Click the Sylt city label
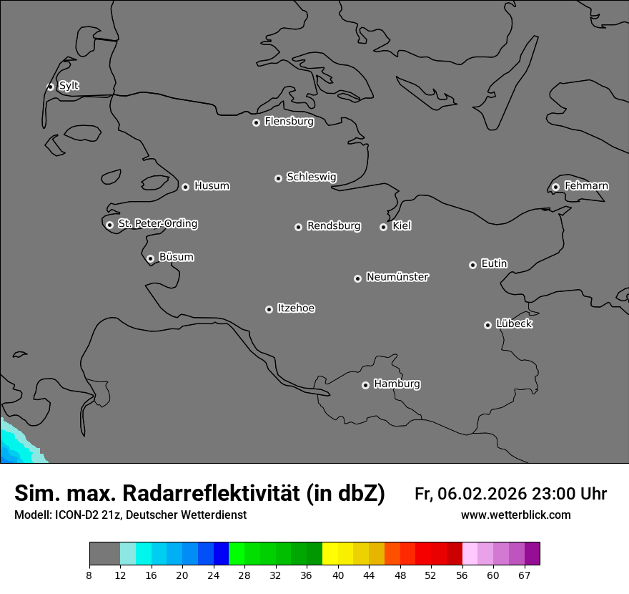pos(69,86)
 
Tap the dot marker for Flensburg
pos(256,122)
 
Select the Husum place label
pos(212,186)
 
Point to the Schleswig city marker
pos(278,178)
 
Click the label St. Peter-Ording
pos(157,224)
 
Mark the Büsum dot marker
pos(150,258)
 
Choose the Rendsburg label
pos(334,226)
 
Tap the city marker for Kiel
pos(383,227)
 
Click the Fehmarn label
pos(586,186)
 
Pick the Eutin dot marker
pos(472,265)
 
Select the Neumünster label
pos(397,277)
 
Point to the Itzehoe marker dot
pos(269,309)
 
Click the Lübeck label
pos(514,323)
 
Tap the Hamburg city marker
pos(365,385)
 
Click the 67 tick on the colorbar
pos(524,575)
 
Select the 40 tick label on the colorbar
pos(338,575)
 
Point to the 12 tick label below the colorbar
pos(120,575)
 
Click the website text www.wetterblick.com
pos(515,515)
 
